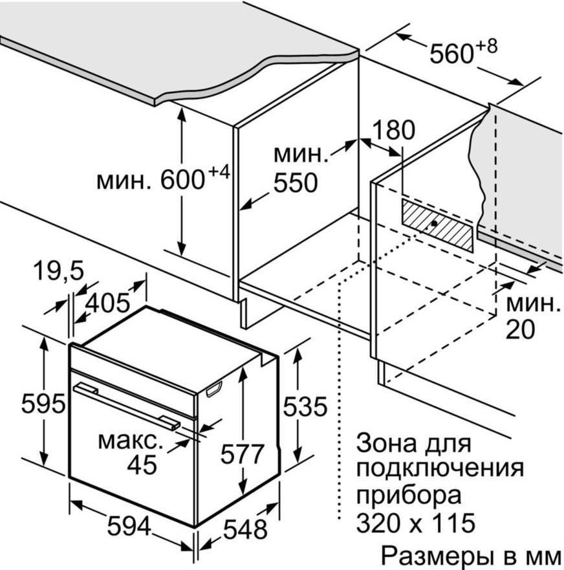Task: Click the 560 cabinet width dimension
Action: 452,54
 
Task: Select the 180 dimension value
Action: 393,130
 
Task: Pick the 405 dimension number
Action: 107,301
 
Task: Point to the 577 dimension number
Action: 243,454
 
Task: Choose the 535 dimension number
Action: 305,406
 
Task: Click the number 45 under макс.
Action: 142,465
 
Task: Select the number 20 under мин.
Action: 520,330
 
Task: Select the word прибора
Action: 409,496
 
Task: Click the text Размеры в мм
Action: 470,555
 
